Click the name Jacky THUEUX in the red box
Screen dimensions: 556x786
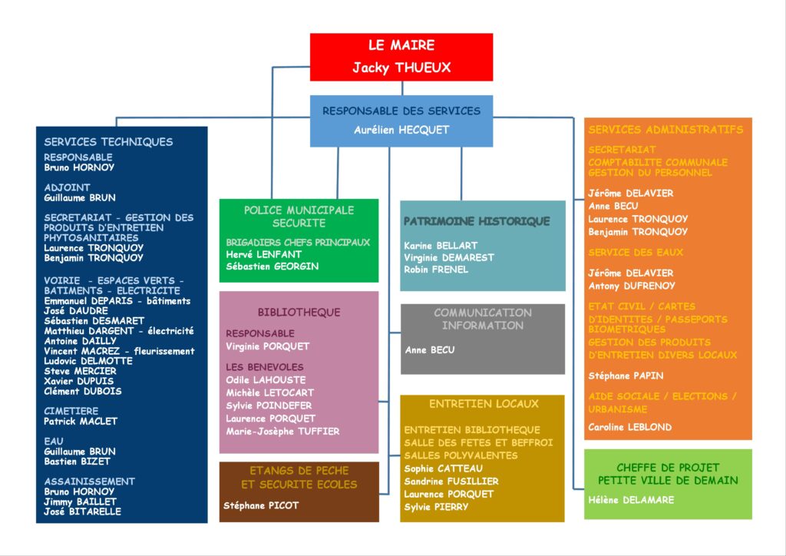[x=401, y=68]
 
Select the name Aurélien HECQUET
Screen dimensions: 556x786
[x=401, y=130]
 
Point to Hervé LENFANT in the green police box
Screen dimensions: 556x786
[x=264, y=254]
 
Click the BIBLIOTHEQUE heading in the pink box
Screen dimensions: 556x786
[x=299, y=313]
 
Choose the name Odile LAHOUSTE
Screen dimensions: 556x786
[x=266, y=379]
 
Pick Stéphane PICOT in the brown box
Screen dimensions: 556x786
[x=261, y=505]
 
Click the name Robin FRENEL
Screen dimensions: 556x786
[x=436, y=270]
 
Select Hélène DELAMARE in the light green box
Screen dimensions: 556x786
[x=631, y=500]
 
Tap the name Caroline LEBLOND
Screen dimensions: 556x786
[x=629, y=427]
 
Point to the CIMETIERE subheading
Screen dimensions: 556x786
[x=71, y=411]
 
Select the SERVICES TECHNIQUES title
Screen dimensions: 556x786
[x=108, y=141]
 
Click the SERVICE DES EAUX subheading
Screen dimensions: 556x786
[x=636, y=252]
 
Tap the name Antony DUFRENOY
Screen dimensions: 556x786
[x=631, y=286]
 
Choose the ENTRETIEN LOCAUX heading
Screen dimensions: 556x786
[x=484, y=403]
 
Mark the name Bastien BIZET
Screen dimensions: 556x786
[x=77, y=462]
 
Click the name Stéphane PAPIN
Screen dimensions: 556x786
[x=626, y=376]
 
